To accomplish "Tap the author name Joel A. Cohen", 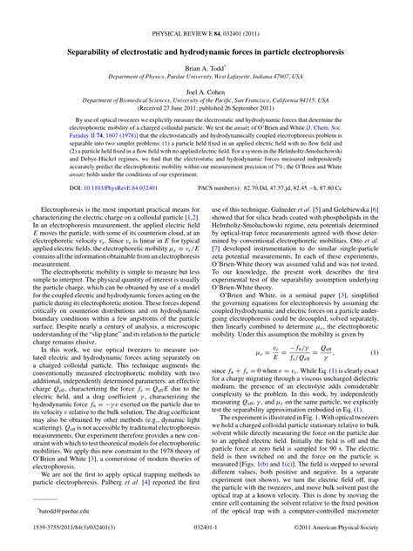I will point(206,90).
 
